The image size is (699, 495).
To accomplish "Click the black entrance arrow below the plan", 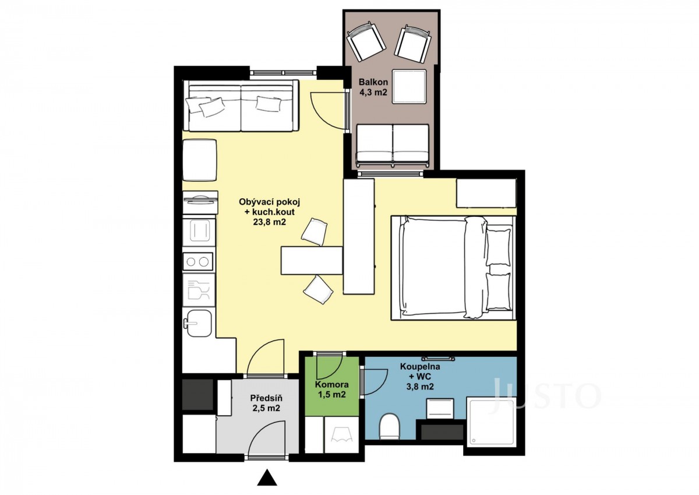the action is [267, 478].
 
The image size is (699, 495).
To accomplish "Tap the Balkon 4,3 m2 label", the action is [373, 87].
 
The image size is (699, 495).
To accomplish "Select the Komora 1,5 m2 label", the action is [331, 389].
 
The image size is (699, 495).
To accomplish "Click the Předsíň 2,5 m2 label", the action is [266, 403].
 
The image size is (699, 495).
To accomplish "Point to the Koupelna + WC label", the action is [420, 371].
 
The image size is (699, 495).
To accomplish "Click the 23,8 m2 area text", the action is [269, 222].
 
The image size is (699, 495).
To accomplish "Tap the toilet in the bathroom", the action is [390, 426].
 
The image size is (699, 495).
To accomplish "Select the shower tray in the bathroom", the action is [492, 423].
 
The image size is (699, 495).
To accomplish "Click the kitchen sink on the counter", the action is [198, 322].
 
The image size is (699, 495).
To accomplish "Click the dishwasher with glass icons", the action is [199, 290].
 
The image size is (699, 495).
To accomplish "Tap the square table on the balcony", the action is [409, 86].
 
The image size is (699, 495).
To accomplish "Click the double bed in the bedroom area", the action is [453, 268].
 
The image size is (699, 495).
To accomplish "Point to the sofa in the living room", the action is [241, 106].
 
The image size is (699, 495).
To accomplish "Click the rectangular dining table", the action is [312, 261].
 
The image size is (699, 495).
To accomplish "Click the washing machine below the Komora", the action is [341, 434].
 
